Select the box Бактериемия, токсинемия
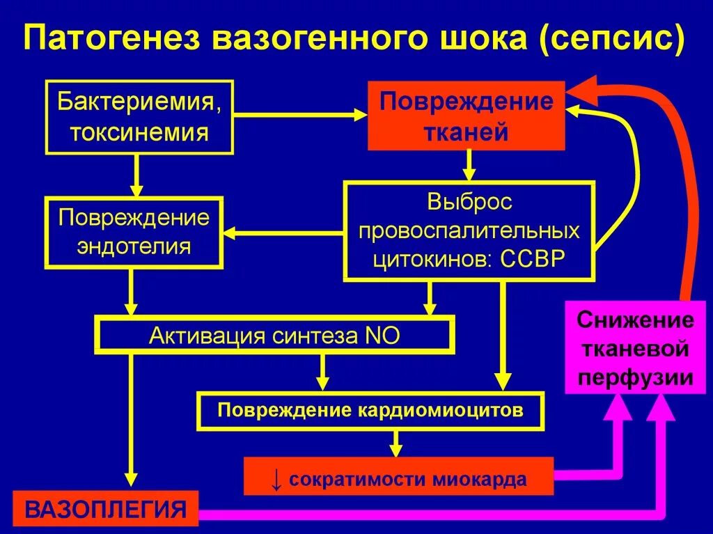pos(139,117)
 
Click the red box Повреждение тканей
pos(467,117)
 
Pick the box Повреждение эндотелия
pos(134,233)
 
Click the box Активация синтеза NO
pos(275,336)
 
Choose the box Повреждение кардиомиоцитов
pos(370,410)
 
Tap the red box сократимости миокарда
pos(399,478)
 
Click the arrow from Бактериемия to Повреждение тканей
pos(299,115)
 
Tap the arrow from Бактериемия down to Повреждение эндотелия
pos(137,174)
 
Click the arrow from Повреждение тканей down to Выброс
pos(469,166)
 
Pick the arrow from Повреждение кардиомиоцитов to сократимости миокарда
pos(396,443)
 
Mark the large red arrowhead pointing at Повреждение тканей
pos(581,90)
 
